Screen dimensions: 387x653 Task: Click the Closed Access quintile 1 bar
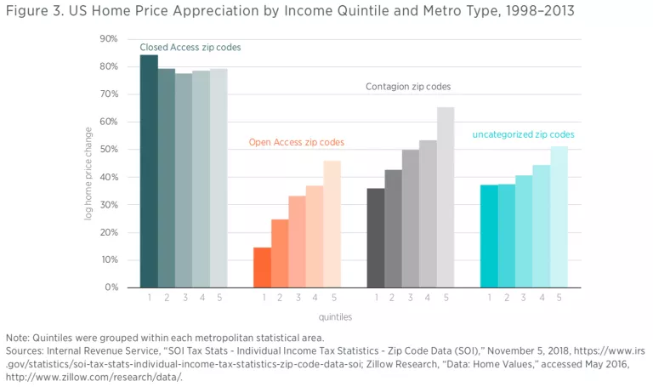[x=149, y=171]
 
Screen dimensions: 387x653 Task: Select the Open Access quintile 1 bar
[x=262, y=267]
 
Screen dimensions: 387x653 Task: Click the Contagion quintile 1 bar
[x=376, y=237]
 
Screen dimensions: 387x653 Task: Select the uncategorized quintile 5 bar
[x=559, y=217]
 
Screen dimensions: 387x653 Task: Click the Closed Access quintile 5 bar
[x=219, y=178]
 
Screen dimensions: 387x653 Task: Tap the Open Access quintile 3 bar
[x=297, y=242]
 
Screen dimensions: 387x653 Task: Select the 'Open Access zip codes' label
[x=297, y=142]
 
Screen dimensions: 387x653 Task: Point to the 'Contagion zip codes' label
[x=408, y=87]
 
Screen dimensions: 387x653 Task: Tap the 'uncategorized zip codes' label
[x=523, y=134]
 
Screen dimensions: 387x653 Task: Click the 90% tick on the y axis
[x=109, y=39]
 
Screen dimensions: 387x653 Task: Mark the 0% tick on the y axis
[x=111, y=287]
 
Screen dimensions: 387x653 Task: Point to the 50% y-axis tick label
[x=109, y=150]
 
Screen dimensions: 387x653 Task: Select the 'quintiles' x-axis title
[x=336, y=316]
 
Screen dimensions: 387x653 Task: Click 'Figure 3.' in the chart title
[x=33, y=11]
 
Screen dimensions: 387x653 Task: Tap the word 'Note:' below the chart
[x=19, y=337]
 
